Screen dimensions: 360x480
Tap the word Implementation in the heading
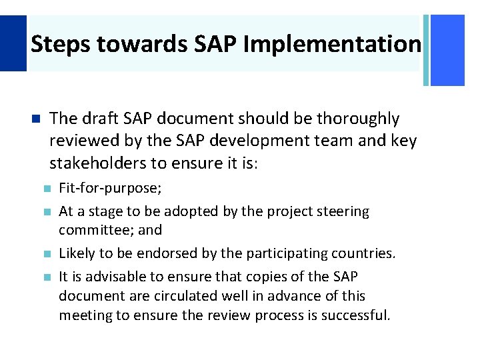pos(332,45)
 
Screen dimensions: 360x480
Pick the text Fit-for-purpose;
pos(110,189)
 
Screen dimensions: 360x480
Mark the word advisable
pos(112,276)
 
